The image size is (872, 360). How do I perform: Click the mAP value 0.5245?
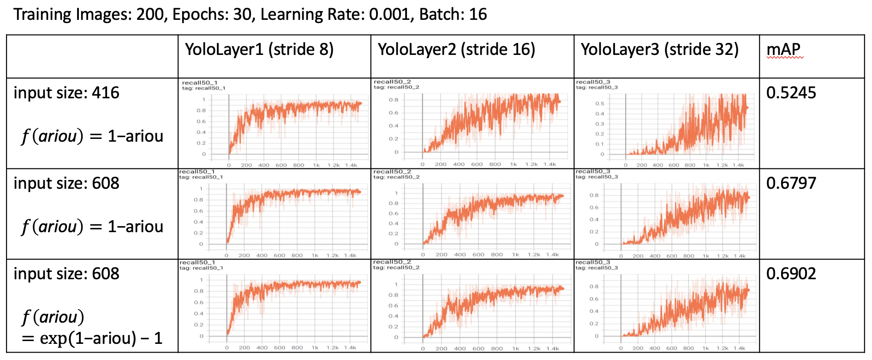(x=791, y=93)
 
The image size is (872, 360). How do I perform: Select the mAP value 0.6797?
(x=791, y=183)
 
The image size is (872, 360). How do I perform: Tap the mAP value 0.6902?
(x=791, y=274)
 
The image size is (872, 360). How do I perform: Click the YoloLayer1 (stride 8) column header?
(x=259, y=49)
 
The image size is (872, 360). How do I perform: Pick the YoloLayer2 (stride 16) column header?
(x=456, y=49)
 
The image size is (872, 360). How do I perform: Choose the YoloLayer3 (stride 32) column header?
(x=659, y=49)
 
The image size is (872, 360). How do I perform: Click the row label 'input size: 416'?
(x=66, y=93)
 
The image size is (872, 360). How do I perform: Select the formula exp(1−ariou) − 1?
(x=92, y=338)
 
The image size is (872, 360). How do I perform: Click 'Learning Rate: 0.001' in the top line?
(x=336, y=14)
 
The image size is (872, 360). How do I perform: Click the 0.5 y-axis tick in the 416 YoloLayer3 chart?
(x=600, y=103)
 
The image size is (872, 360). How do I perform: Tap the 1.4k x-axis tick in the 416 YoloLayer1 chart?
(x=351, y=165)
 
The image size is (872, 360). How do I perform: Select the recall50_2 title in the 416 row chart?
(x=393, y=82)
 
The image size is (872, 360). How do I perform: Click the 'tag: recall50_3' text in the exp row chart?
(x=597, y=268)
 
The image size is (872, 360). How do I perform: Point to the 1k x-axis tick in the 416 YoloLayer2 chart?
(x=514, y=164)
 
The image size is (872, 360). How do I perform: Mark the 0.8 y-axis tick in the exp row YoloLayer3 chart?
(x=594, y=287)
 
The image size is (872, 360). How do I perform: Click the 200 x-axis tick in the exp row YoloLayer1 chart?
(x=245, y=348)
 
